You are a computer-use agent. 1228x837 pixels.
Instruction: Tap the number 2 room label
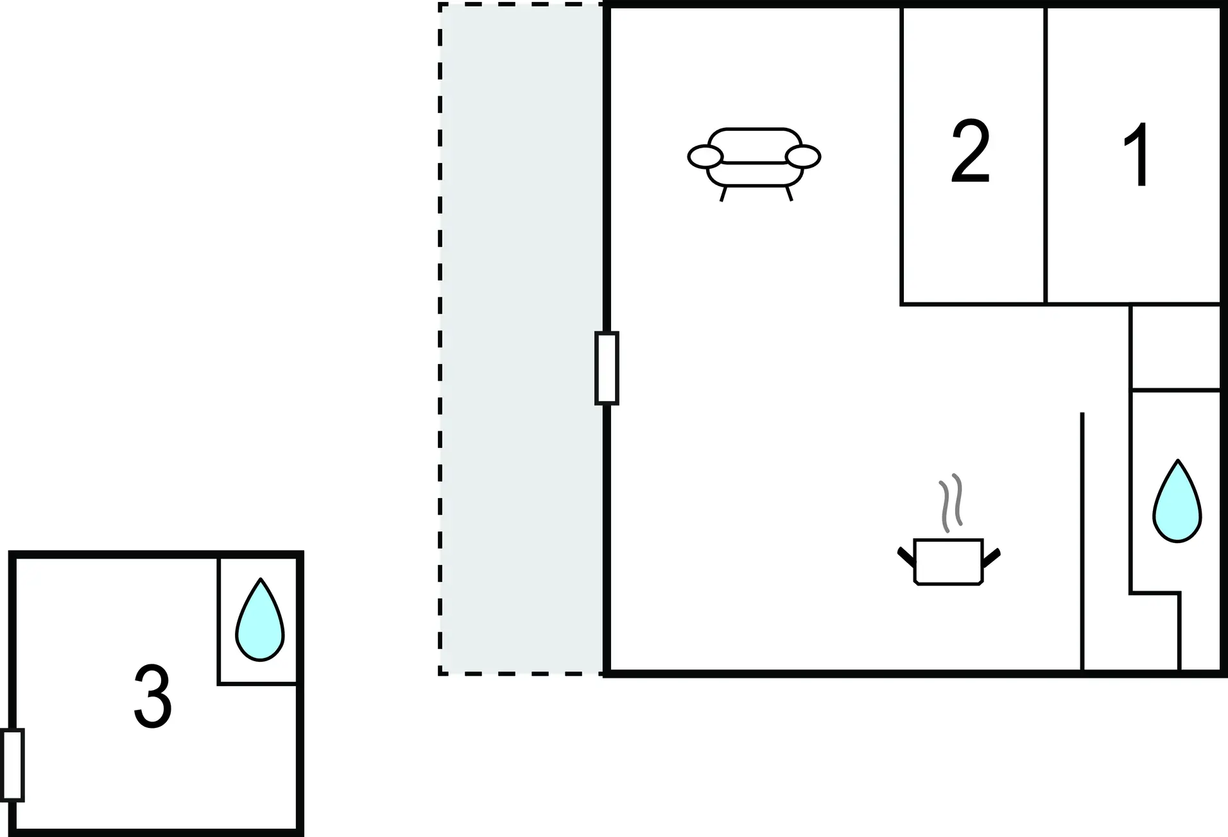pos(971,151)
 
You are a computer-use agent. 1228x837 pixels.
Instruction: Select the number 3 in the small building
pos(153,696)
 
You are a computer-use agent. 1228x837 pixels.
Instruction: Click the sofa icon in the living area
pos(754,164)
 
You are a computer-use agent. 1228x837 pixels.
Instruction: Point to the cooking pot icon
pos(948,562)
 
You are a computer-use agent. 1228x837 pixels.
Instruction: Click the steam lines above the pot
pos(951,503)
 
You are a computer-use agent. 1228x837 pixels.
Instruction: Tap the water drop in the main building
pos(1177,501)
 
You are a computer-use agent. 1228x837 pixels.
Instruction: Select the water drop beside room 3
pos(260,619)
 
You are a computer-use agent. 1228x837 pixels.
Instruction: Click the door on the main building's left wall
pos(607,368)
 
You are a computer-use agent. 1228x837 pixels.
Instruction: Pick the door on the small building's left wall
pos(13,765)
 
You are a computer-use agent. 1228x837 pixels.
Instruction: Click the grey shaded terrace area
pos(521,339)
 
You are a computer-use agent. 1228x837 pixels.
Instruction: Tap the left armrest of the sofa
pos(705,157)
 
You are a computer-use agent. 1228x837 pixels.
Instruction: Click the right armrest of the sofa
pos(803,157)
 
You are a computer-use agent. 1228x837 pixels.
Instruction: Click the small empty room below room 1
pos(1175,347)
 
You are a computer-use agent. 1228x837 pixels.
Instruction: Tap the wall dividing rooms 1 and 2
pos(1046,155)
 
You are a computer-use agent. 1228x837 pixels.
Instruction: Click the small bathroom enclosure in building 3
pos(257,620)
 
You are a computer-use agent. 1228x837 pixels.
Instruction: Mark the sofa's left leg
pos(723,194)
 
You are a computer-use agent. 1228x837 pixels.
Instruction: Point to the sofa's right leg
pos(789,194)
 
